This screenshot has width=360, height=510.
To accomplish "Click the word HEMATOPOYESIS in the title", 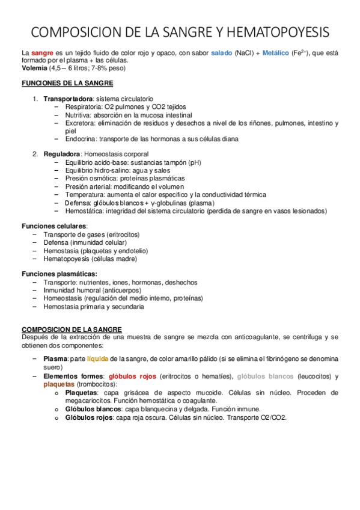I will pos(279,32).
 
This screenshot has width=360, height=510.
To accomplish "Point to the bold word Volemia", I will pos(35,69).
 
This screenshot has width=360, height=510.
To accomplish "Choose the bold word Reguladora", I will pos(62,155).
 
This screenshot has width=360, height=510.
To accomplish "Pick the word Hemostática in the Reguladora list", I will pos(84,211).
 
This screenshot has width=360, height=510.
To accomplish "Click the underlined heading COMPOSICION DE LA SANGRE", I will pos(72,330).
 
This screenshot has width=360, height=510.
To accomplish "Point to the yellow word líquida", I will pos(97,358).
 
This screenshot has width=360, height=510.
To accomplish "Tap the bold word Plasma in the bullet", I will pos(55,358).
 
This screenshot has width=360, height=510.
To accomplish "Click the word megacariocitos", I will pos(90,400).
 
